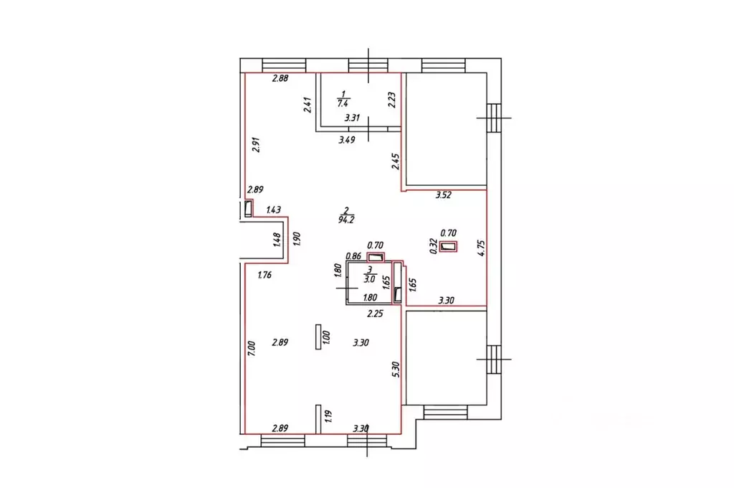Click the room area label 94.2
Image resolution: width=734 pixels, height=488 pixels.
pyautogui.click(x=346, y=220)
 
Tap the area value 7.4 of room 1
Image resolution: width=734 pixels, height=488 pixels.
pyautogui.click(x=343, y=103)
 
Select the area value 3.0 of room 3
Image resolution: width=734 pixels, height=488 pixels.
pyautogui.click(x=369, y=279)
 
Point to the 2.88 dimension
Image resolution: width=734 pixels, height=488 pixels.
pyautogui.click(x=280, y=79)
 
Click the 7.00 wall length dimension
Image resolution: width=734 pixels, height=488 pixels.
pyautogui.click(x=252, y=349)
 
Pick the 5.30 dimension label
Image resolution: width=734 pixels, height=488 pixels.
pyautogui.click(x=396, y=370)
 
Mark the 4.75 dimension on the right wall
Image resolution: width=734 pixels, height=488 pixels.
pyautogui.click(x=482, y=248)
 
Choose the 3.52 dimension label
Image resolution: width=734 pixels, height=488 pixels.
pyautogui.click(x=443, y=195)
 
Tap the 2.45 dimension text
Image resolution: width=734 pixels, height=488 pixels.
pyautogui.click(x=396, y=161)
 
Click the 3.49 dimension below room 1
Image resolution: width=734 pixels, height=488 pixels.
pyautogui.click(x=347, y=140)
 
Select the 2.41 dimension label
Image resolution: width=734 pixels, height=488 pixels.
pyautogui.click(x=308, y=105)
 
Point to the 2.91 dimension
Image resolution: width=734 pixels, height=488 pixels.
pyautogui.click(x=256, y=144)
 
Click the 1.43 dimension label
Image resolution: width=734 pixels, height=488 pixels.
pyautogui.click(x=273, y=210)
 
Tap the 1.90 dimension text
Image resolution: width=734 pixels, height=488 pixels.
pyautogui.click(x=296, y=238)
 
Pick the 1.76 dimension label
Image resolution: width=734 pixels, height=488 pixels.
pyautogui.click(x=264, y=275)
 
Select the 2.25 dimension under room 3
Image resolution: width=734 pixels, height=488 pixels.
pyautogui.click(x=375, y=314)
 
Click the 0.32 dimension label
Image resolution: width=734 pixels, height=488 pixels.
pyautogui.click(x=434, y=246)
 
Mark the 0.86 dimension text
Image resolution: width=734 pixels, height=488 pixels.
pyautogui.click(x=353, y=256)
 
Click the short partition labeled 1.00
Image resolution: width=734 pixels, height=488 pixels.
pyautogui.click(x=318, y=337)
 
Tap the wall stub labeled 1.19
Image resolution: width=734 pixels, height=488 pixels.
pyautogui.click(x=318, y=419)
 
